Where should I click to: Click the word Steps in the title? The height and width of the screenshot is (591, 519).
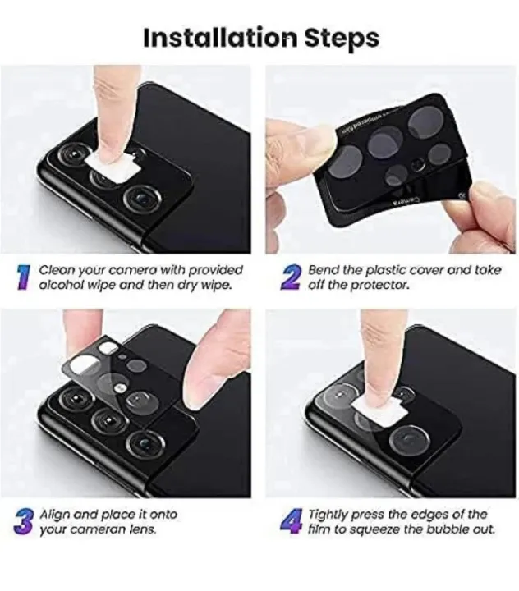click(x=338, y=39)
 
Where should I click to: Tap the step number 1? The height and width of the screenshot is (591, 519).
click(x=24, y=277)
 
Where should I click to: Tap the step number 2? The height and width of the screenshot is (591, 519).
click(x=290, y=277)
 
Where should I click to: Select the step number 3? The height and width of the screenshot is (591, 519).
click(x=24, y=522)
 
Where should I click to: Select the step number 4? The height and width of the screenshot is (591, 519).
click(x=290, y=522)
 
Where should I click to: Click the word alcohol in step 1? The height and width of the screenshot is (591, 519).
click(x=62, y=286)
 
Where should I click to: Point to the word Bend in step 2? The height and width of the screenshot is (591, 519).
click(x=323, y=269)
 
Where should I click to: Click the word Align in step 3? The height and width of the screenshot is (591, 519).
click(x=54, y=514)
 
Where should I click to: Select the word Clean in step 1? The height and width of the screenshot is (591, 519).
click(x=55, y=269)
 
